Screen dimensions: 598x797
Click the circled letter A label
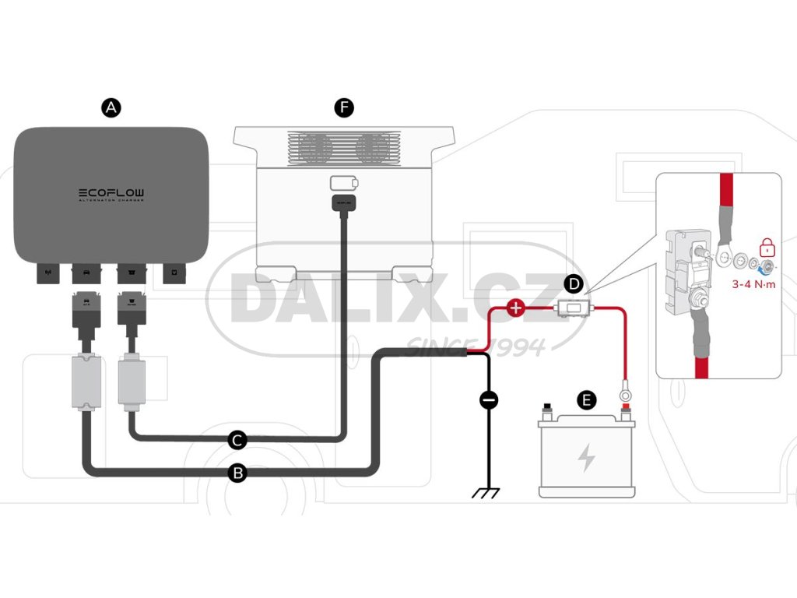112,107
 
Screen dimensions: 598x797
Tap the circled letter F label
343,107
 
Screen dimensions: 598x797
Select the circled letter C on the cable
238,440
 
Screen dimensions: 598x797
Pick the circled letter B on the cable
238,472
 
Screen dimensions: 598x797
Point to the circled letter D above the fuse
574,283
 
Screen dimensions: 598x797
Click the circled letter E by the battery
588,401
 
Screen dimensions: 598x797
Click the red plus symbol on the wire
515,308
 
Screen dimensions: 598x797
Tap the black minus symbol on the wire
489,400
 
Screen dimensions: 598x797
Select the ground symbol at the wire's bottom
489,492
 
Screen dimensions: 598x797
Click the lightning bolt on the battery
586,459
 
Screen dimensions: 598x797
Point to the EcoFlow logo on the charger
111,192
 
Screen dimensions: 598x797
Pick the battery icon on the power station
343,183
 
